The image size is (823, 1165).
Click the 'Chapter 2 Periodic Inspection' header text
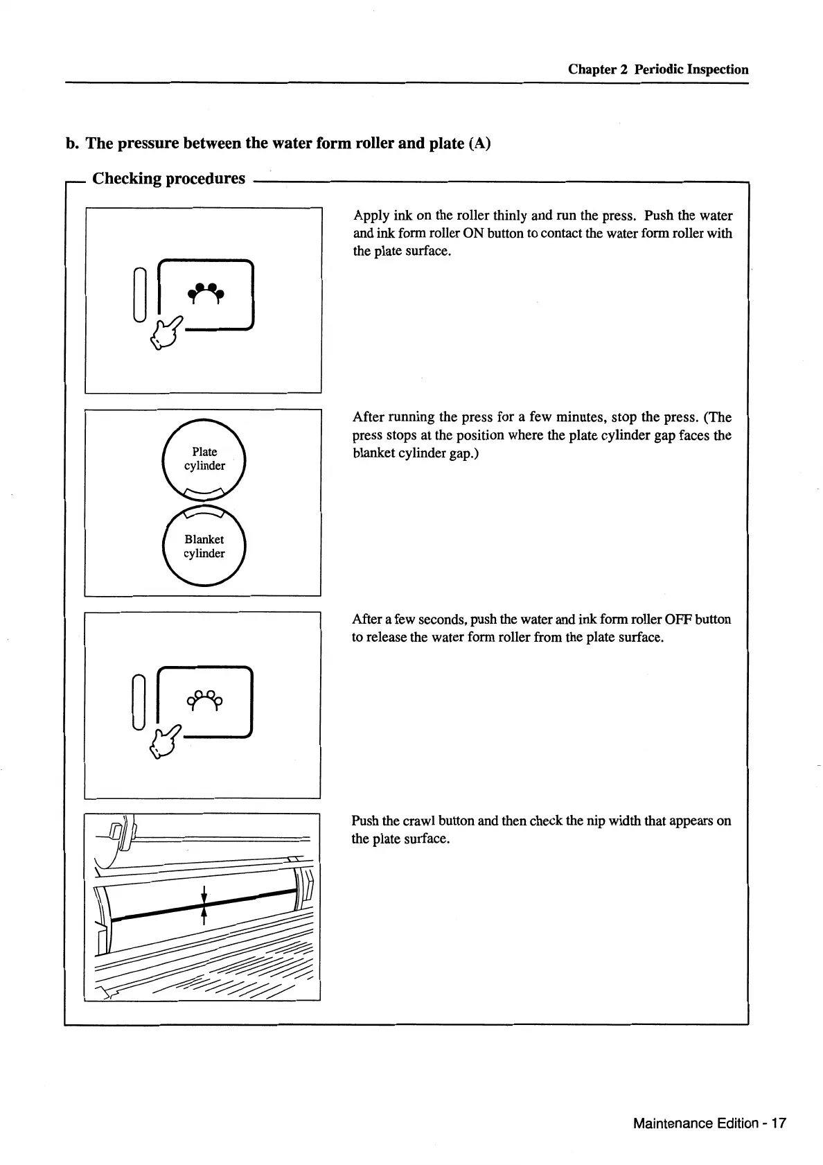click(x=657, y=69)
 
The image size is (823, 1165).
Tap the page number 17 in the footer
click(x=779, y=1123)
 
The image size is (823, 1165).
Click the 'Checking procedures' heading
click(x=168, y=179)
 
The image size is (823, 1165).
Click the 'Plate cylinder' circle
click(x=204, y=459)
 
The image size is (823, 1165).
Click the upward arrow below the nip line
click(x=204, y=916)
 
